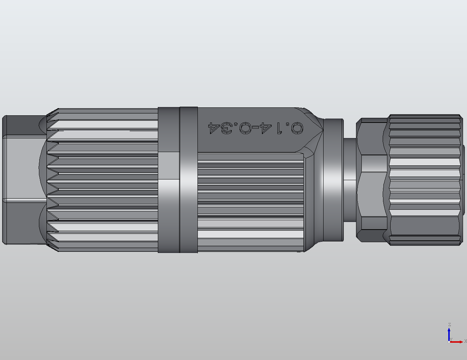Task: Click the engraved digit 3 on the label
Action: click(x=227, y=128)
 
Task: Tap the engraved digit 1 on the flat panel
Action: click(x=279, y=128)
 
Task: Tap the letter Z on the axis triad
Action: click(x=449, y=325)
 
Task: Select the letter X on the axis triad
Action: click(x=465, y=341)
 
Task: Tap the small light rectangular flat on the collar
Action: click(x=169, y=165)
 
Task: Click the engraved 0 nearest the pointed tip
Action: click(x=297, y=128)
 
